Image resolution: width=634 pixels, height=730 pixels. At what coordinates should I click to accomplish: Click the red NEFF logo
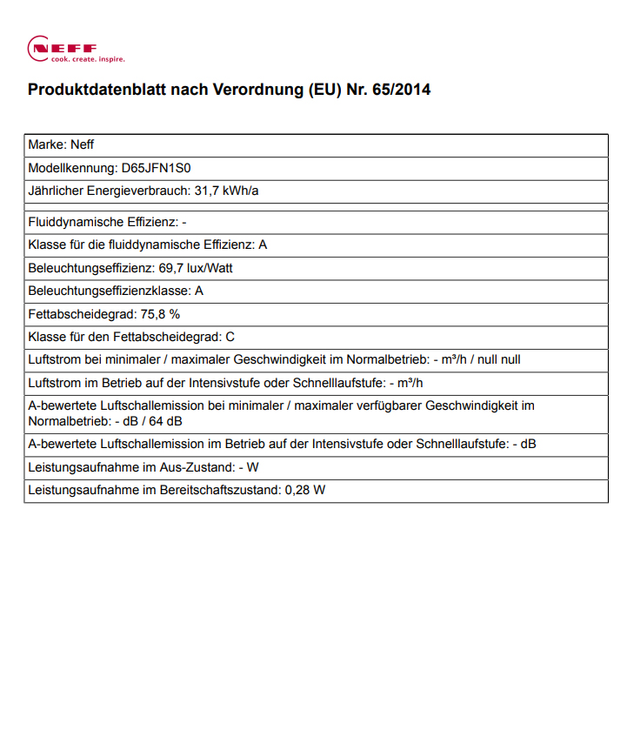63,47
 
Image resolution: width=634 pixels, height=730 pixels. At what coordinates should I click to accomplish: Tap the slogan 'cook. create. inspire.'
88,59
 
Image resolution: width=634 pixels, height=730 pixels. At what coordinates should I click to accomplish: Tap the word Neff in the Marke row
81,145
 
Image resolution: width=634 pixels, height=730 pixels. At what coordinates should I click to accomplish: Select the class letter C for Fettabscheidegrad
230,336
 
